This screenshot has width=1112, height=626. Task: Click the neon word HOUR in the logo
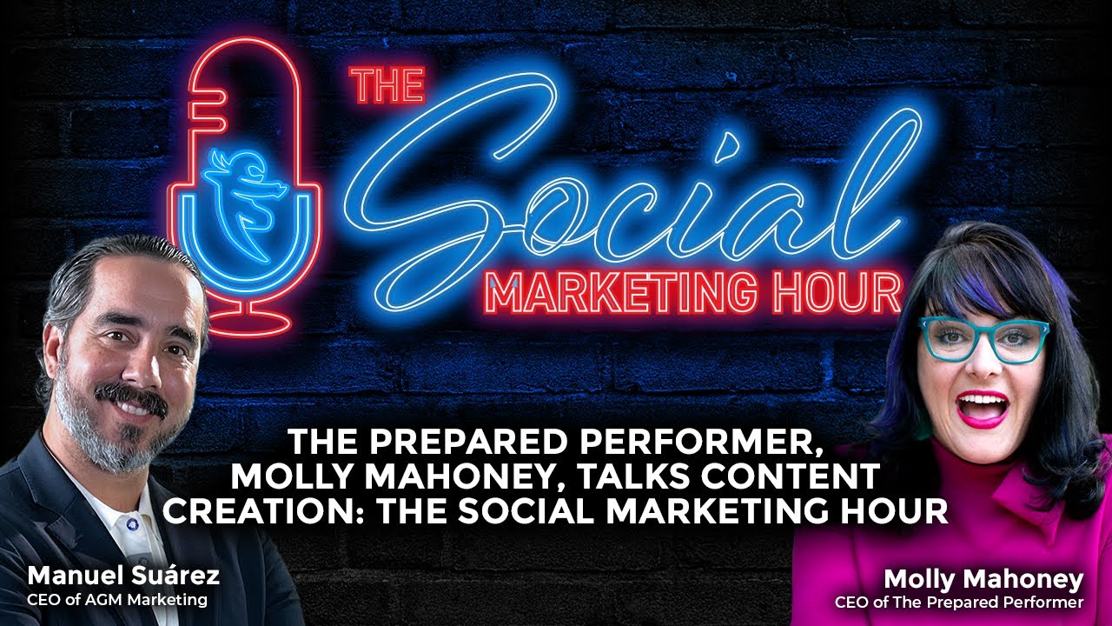click(838, 293)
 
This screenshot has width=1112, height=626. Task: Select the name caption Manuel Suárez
click(122, 576)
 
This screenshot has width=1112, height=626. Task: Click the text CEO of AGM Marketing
click(117, 599)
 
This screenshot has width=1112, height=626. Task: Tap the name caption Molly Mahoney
click(983, 579)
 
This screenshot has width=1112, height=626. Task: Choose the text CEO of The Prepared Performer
click(959, 602)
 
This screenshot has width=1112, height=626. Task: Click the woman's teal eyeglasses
click(984, 338)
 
